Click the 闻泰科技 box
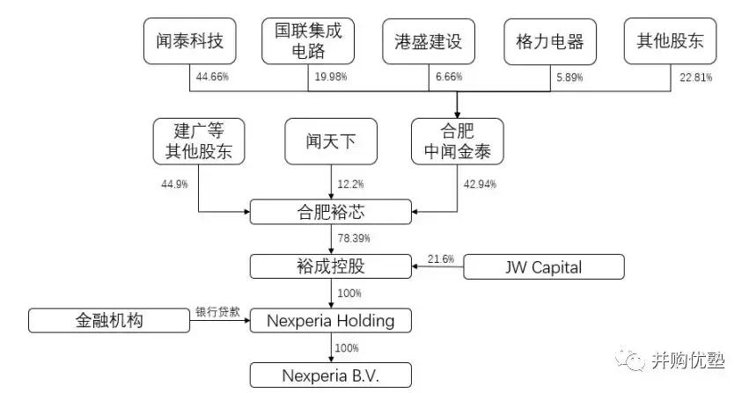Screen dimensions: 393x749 pyautogui.click(x=190, y=41)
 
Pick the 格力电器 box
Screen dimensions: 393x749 pyautogui.click(x=544, y=41)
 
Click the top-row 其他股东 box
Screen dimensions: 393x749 pyautogui.click(x=665, y=41)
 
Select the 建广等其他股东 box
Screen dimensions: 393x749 pyautogui.click(x=198, y=141)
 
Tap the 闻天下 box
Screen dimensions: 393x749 pyautogui.click(x=331, y=141)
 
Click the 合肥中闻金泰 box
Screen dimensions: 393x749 pyautogui.click(x=458, y=141)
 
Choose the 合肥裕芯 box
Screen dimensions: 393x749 pyautogui.click(x=331, y=211)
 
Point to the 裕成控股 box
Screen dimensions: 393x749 pyautogui.click(x=331, y=265)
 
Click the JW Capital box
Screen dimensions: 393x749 pyautogui.click(x=544, y=266)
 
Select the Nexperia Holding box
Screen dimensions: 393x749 pyautogui.click(x=331, y=320)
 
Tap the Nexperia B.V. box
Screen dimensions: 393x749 pyautogui.click(x=331, y=375)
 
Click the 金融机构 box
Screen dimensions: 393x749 pyautogui.click(x=109, y=320)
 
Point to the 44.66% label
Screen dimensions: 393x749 pyautogui.click(x=212, y=78)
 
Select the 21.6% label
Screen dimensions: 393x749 pyautogui.click(x=441, y=258)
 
